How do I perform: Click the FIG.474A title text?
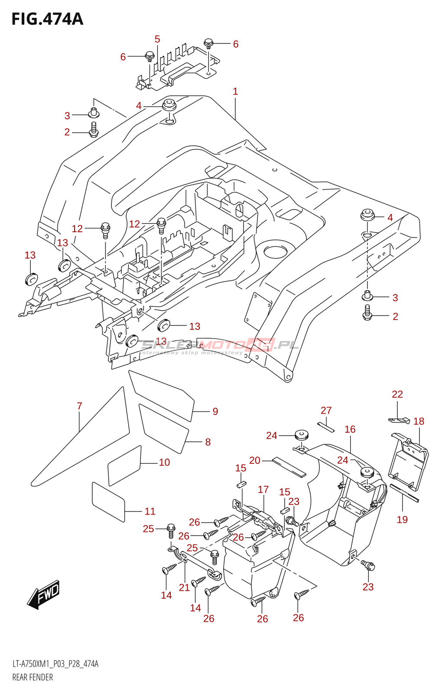[47, 19]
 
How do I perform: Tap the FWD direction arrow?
[43, 594]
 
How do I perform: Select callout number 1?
[235, 91]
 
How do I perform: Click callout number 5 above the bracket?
[157, 39]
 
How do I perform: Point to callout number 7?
[80, 406]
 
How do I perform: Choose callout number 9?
[215, 411]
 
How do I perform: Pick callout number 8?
[208, 442]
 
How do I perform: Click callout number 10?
[165, 463]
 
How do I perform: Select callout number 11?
[150, 512]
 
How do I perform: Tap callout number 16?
[350, 429]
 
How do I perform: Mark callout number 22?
[397, 395]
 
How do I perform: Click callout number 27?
[326, 411]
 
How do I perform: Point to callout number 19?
[402, 520]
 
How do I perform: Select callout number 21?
[185, 588]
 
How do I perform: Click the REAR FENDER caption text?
[32, 677]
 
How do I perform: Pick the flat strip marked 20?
[289, 467]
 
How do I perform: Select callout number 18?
[419, 421]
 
